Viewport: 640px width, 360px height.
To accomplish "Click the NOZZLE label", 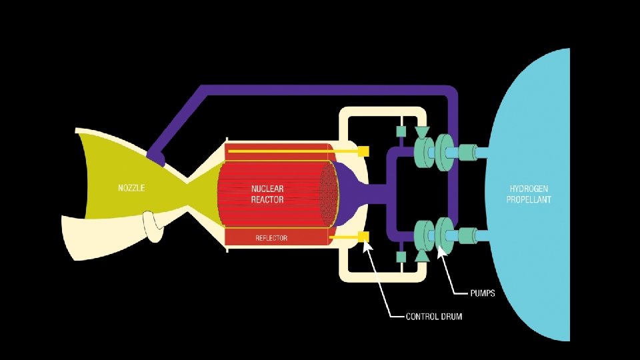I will tap(131, 188).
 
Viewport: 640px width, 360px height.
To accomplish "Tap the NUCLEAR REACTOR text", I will tap(267, 194).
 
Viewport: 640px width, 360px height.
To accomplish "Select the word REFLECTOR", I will tap(271, 238).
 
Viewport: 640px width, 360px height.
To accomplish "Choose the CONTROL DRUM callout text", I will tap(434, 316).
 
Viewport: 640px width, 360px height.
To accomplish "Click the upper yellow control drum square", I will tap(363, 151).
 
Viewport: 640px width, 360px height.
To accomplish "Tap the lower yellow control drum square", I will tap(363, 237).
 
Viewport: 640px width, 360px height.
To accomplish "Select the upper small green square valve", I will tap(401, 131).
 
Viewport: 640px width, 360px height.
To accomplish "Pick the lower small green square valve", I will tap(401, 257).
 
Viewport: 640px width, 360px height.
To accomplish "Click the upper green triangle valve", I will tap(421, 132).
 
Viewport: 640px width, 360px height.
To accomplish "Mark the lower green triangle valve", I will tap(421, 256).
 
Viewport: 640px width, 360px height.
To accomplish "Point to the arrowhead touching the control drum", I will tap(367, 246).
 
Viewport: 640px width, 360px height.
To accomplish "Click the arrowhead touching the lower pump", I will tap(440, 251).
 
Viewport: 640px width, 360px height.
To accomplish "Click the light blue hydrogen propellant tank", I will tap(533, 133).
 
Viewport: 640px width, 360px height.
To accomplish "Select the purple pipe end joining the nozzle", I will tap(157, 157).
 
